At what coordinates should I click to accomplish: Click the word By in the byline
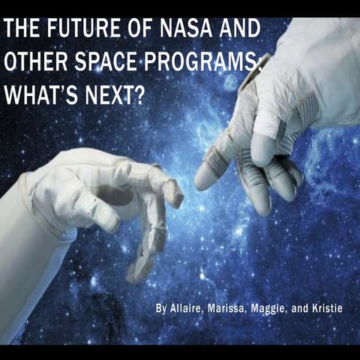(x=160, y=308)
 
